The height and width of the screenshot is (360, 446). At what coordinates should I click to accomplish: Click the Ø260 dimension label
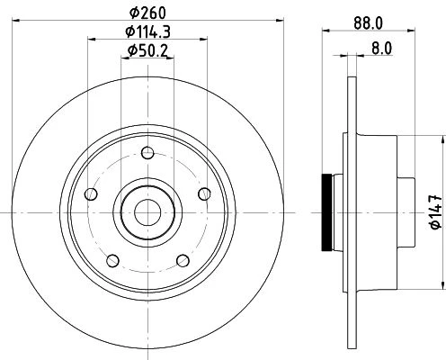[x=147, y=13]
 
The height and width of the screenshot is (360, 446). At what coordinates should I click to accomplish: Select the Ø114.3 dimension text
[x=148, y=31]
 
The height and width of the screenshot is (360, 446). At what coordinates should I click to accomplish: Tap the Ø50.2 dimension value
[x=147, y=50]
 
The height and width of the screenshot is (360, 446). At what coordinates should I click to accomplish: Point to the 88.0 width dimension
[x=368, y=23]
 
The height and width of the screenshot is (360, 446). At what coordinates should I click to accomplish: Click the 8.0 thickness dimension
[x=381, y=49]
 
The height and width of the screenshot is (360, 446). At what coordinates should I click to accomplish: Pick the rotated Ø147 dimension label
[x=436, y=212]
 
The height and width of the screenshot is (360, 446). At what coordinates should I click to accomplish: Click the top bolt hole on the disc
[x=147, y=153]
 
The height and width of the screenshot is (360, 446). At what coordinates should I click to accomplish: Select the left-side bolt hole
[x=91, y=193]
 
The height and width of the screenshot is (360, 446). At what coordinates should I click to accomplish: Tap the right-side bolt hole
[x=204, y=193]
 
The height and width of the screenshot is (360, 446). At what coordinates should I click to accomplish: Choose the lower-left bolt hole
[x=112, y=260]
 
